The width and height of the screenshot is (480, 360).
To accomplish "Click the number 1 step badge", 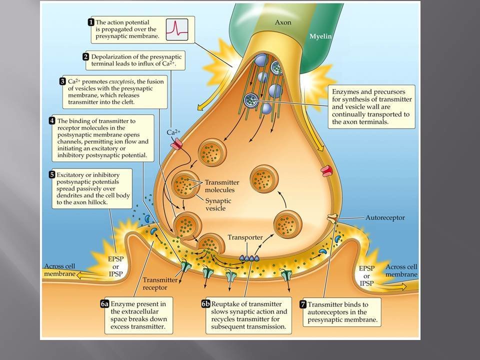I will point(91,22).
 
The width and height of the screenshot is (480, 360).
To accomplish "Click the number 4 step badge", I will point(52,120).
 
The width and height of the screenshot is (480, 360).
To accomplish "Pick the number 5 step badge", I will point(52,174).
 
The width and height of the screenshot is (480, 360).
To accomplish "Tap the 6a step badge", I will point(104,304).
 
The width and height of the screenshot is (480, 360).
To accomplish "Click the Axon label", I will point(283,22).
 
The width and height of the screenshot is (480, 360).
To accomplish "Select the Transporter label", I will point(245,237).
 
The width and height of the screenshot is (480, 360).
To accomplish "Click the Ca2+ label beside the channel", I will point(174,132).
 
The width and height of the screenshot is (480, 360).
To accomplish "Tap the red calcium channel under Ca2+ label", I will point(176,145).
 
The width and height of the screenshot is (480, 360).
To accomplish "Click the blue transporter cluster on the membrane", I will point(249,258).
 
